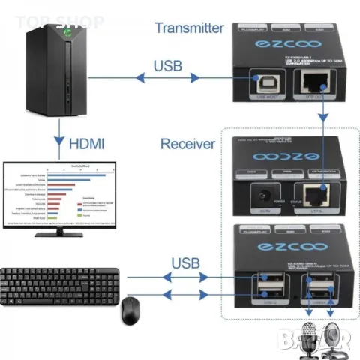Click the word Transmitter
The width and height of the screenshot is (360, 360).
point(189,28)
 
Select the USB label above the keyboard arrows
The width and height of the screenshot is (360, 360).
point(185,263)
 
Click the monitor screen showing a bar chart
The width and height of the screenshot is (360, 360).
point(58,193)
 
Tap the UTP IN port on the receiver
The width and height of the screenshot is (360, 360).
point(311,196)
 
